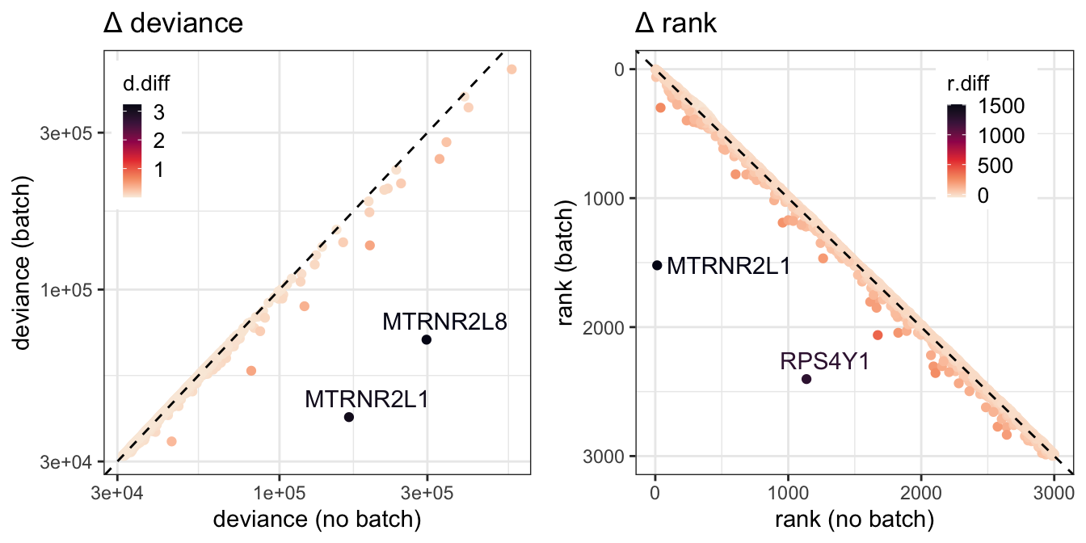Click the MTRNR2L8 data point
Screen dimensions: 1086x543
[426, 339]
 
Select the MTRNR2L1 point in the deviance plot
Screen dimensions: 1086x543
[348, 417]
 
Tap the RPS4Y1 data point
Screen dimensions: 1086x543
[806, 379]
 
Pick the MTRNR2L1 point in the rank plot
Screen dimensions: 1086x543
[657, 265]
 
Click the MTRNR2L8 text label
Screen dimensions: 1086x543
[444, 322]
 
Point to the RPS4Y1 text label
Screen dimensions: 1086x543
[825, 362]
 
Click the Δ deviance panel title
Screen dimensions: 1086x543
[173, 23]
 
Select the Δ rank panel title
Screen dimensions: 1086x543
[676, 23]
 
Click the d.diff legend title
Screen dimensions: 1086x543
[146, 83]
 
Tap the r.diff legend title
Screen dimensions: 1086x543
[968, 83]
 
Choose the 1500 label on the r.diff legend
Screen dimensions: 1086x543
[1001, 106]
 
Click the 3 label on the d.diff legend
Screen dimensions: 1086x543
[159, 112]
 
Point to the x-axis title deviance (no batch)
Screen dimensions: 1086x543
[317, 520]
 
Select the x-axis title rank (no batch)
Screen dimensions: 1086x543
[854, 520]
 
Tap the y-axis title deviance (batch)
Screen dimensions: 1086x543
[22, 263]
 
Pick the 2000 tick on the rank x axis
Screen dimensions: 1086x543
[921, 494]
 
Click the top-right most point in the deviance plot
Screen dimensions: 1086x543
[511, 69]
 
